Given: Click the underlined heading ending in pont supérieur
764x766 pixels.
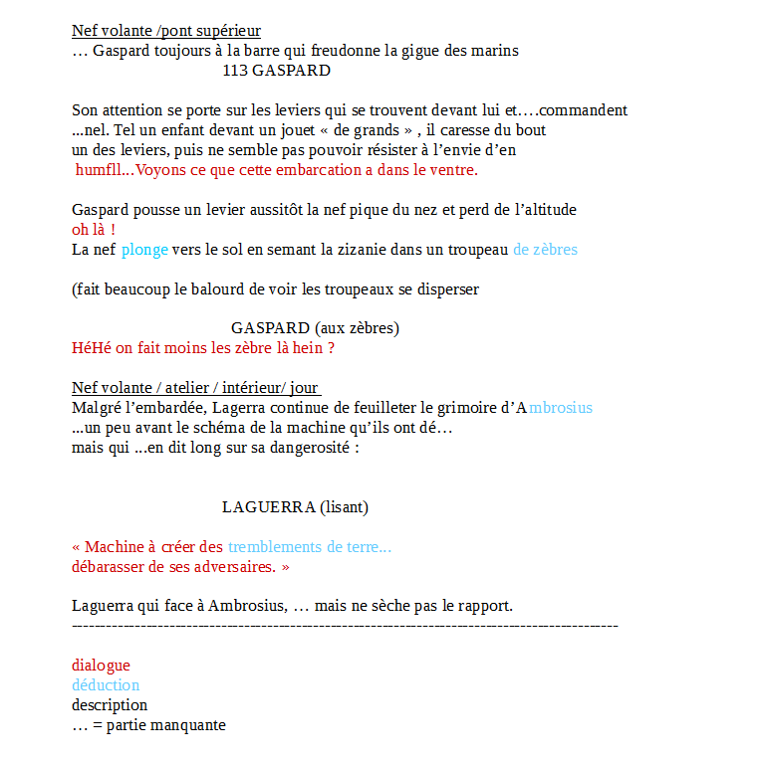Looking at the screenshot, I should point(166,31).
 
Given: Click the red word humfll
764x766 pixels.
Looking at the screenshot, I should point(97,170).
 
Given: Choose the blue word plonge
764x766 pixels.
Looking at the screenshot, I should point(144,250).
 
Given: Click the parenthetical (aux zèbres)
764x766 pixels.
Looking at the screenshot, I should point(357,328).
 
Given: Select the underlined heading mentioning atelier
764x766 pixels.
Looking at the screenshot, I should point(196,388).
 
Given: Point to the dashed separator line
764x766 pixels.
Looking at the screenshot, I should point(345,626).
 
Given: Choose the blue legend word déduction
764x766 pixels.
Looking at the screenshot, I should point(106,685).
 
